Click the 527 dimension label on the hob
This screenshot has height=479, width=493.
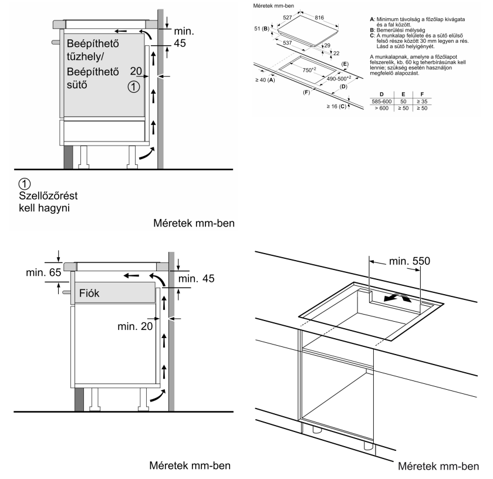pyautogui.click(x=288, y=18)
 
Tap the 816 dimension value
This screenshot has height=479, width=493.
pyautogui.click(x=319, y=18)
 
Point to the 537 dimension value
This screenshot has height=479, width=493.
pyautogui.click(x=288, y=43)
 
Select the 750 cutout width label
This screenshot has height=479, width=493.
pyautogui.click(x=309, y=69)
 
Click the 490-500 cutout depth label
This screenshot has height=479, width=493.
pyautogui.click(x=339, y=78)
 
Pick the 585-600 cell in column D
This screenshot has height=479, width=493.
pyautogui.click(x=381, y=102)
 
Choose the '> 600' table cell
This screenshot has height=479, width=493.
pyautogui.click(x=381, y=108)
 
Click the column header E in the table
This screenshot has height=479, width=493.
pyautogui.click(x=403, y=95)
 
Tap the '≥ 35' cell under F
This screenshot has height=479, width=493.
pyautogui.click(x=422, y=102)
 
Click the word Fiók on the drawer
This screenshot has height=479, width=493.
pyautogui.click(x=89, y=293)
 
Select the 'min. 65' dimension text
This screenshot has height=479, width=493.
pyautogui.click(x=43, y=272)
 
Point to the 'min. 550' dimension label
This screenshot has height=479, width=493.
pyautogui.click(x=410, y=261)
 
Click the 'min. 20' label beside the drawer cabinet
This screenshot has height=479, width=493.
pyautogui.click(x=135, y=326)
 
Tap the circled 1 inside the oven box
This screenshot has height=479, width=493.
pyautogui.click(x=134, y=86)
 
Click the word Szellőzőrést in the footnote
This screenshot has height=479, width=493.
pyautogui.click(x=48, y=195)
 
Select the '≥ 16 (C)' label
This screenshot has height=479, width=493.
pyautogui.click(x=336, y=106)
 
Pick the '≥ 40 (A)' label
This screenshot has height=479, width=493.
pyautogui.click(x=265, y=80)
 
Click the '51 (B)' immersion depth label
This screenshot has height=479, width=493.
pyautogui.click(x=262, y=29)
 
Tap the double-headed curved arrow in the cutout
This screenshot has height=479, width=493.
pyautogui.click(x=397, y=297)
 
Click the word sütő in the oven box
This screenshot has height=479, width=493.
pyautogui.click(x=77, y=85)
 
